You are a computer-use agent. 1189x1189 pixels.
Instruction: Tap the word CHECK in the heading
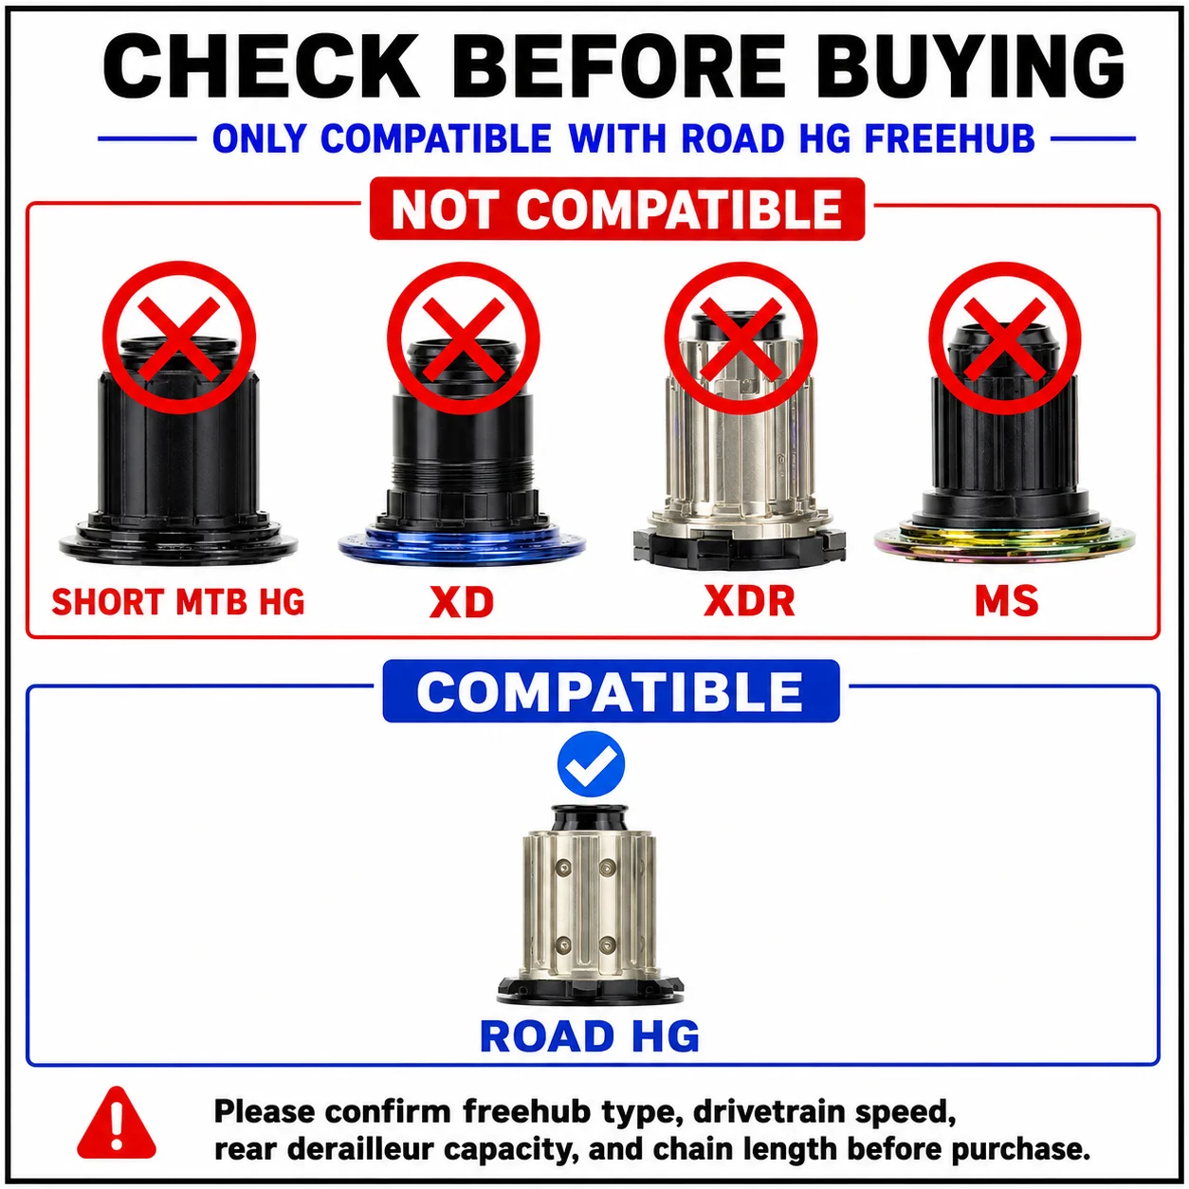click(x=259, y=65)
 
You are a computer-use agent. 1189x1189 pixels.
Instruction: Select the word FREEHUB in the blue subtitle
click(x=950, y=138)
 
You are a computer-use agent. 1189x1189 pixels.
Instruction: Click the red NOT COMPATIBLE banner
click(x=617, y=209)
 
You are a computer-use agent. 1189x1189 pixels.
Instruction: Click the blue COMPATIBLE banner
click(x=611, y=691)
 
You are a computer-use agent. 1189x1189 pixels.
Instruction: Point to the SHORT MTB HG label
click(x=178, y=601)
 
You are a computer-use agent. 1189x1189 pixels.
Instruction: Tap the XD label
click(x=462, y=601)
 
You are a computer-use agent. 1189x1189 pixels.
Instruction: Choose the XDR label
click(x=750, y=600)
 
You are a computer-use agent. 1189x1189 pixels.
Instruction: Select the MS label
click(x=1006, y=600)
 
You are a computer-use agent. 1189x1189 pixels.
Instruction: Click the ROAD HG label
click(x=590, y=1036)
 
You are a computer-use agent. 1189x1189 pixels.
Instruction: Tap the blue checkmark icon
click(x=591, y=764)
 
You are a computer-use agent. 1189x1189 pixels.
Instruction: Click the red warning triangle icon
click(x=117, y=1124)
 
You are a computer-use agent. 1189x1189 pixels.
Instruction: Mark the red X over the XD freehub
click(x=464, y=338)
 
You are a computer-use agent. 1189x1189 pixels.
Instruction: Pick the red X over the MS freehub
click(x=1004, y=338)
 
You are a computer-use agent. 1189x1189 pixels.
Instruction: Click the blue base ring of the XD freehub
click(x=462, y=544)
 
